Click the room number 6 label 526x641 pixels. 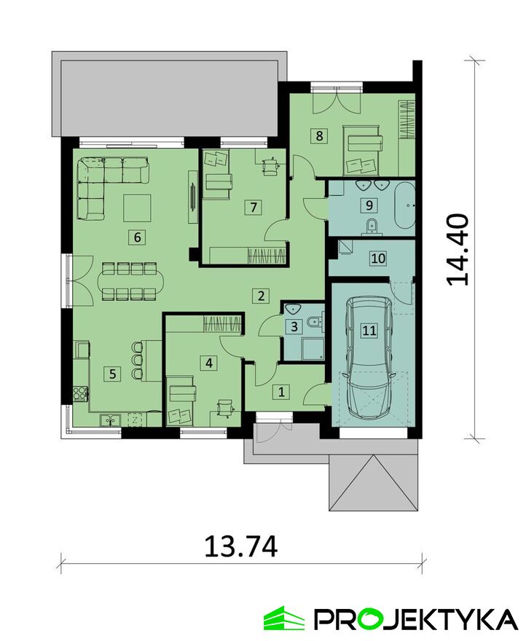[138, 237]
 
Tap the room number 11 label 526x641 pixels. [369, 330]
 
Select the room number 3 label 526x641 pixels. [294, 326]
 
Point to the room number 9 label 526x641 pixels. [369, 205]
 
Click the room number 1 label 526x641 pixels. [281, 392]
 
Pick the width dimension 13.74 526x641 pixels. [241, 546]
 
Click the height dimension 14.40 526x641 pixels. [457, 249]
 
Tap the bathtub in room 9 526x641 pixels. [405, 205]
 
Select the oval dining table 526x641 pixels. [130, 281]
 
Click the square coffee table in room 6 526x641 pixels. [138, 208]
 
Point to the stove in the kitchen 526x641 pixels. [80, 393]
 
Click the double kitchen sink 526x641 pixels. [110, 420]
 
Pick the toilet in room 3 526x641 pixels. [315, 321]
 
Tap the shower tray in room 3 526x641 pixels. [313, 349]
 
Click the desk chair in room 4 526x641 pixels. [224, 407]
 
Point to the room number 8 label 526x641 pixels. [319, 135]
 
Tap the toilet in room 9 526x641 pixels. [372, 226]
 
